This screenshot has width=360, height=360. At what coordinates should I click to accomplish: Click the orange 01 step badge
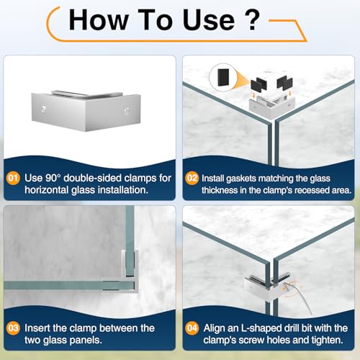click(13, 178)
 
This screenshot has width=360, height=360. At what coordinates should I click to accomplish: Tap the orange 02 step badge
click(192, 178)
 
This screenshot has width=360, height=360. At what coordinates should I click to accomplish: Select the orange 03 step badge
click(13, 328)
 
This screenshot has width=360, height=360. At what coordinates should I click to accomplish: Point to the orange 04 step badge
click(192, 328)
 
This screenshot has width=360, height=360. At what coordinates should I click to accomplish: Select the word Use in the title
click(208, 19)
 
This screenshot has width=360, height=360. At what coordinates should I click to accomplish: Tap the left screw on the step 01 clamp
click(43, 109)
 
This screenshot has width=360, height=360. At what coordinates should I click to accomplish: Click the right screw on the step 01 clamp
click(127, 112)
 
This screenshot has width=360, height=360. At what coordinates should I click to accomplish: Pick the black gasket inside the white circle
click(223, 77)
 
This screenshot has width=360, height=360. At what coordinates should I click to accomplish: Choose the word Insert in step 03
click(37, 328)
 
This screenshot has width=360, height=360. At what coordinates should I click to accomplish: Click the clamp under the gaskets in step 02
click(271, 106)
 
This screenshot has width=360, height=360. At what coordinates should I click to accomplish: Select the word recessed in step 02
click(312, 190)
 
